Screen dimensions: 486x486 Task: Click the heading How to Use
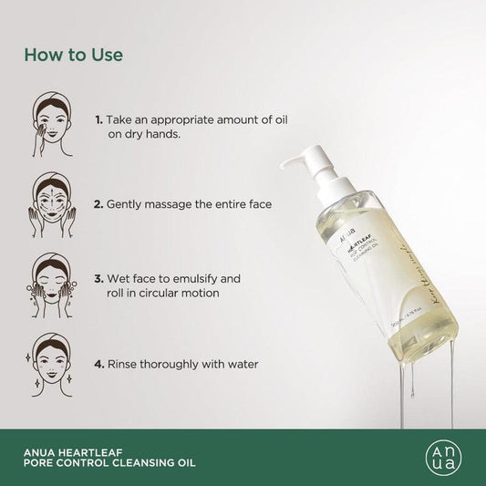pos(74,55)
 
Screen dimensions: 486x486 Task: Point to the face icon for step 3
pos(52,274)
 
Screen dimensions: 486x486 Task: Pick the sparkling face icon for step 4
pos(51,357)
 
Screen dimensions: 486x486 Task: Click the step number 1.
pos(98,119)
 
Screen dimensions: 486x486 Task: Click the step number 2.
pos(98,198)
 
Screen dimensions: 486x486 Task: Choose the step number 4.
pos(98,363)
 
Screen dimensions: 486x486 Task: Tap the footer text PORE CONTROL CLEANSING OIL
pos(109,460)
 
